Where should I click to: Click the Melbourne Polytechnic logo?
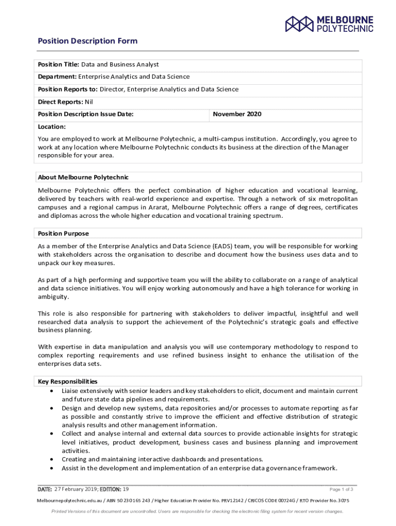point(330,24)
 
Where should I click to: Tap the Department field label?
point(57,77)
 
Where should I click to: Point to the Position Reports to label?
point(68,89)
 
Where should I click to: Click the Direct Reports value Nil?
point(88,102)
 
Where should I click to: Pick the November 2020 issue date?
point(237,114)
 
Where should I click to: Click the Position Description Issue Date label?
point(86,114)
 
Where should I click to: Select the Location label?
point(51,126)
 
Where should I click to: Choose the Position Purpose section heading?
point(63,234)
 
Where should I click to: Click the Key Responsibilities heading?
point(68,382)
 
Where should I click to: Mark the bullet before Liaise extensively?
point(52,391)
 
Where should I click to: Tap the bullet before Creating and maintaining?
point(52,460)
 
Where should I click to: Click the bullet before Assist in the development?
point(52,468)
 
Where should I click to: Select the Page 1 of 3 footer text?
point(341,490)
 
